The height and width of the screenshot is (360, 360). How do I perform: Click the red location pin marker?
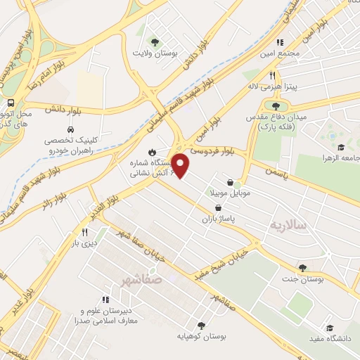[x=181, y=166]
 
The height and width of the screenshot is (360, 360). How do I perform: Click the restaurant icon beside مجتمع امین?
[x=280, y=42]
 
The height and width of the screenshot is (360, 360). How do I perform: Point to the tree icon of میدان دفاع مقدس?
[x=276, y=105]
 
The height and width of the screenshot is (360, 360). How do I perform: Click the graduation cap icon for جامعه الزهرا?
[x=341, y=148]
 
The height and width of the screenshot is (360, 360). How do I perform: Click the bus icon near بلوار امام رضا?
[x=10, y=103]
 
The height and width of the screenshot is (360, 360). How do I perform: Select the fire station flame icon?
[x=152, y=152]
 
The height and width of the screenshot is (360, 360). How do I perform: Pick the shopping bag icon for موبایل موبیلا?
[x=230, y=183]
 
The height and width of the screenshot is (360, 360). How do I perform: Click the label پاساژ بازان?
[x=217, y=219]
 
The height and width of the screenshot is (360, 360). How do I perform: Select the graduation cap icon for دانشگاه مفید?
[x=330, y=328]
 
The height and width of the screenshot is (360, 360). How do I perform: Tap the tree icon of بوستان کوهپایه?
[x=202, y=325]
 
